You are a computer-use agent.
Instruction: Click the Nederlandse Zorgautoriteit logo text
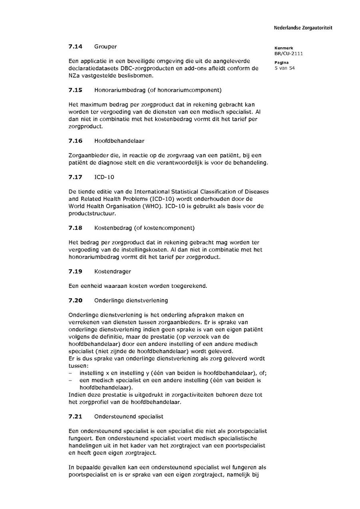point(303,28)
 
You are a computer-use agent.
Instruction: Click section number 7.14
point(75,46)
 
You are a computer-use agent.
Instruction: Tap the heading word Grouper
point(106,46)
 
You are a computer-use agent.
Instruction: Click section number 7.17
point(75,177)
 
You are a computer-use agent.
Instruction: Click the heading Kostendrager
point(112,271)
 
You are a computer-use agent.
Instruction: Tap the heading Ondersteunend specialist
point(129,417)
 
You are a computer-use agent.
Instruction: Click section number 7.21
point(75,417)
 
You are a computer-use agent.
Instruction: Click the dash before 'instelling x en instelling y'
point(70,373)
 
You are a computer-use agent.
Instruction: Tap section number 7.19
point(75,271)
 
